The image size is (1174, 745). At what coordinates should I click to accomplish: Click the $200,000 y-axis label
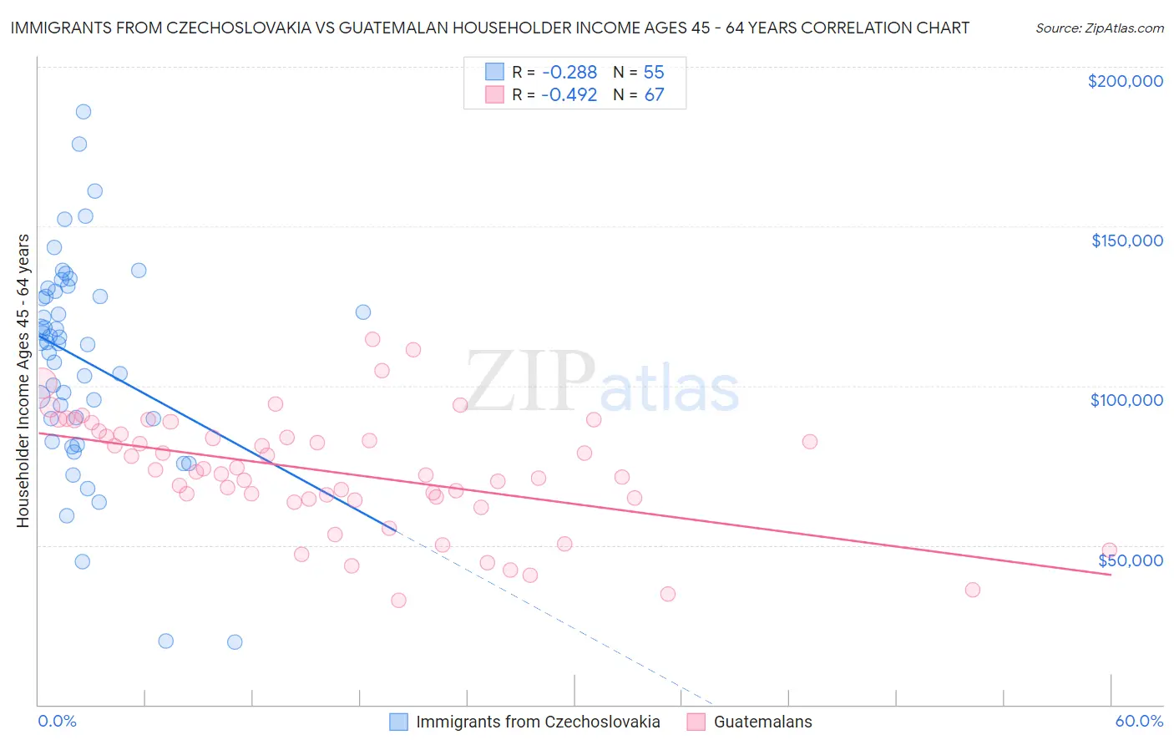[x=1125, y=81]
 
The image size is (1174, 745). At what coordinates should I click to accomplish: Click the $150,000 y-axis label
[x=1126, y=241]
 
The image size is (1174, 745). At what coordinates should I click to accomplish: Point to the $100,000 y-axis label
[x=1126, y=400]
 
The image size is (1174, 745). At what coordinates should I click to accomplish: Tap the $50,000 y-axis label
[x=1130, y=560]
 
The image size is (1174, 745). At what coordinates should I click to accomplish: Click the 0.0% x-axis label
[x=57, y=721]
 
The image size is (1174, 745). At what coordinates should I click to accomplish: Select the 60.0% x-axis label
[x=1138, y=721]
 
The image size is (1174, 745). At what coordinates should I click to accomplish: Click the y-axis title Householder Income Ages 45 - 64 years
[x=23, y=381]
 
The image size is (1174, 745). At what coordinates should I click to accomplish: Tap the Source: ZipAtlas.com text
[x=1099, y=28]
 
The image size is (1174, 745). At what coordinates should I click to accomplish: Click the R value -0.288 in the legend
[x=569, y=73]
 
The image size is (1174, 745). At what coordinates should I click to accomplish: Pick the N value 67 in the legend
[x=654, y=95]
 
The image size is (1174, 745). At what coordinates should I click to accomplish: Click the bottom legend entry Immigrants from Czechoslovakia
[x=537, y=722]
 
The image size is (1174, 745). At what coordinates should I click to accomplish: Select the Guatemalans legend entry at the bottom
[x=762, y=722]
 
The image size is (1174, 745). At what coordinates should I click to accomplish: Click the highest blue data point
[x=83, y=112]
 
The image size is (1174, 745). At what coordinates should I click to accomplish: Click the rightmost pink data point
[x=1109, y=550]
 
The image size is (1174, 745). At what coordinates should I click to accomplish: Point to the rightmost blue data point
[x=363, y=312]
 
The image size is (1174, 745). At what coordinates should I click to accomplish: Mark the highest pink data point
[x=372, y=339]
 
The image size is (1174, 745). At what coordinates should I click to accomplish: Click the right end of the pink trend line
[x=1111, y=575]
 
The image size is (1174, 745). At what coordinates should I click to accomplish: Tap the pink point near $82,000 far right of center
[x=809, y=442]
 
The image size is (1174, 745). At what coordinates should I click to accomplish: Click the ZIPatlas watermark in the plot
[x=602, y=383]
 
